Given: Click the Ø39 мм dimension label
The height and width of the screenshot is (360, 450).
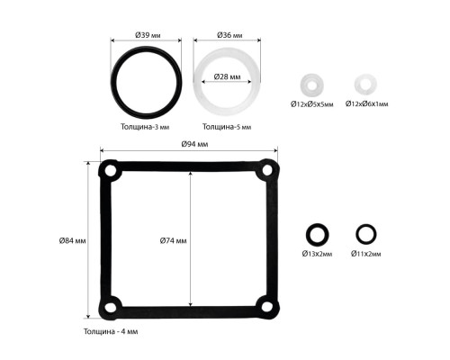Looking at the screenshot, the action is click(x=148, y=35).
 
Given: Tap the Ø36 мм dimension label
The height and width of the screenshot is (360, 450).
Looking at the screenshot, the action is click(x=229, y=35).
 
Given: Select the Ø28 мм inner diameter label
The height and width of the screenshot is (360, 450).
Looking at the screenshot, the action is click(x=227, y=76).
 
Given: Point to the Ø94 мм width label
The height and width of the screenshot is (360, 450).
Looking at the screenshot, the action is click(x=194, y=144).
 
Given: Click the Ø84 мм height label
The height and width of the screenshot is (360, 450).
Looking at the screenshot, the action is click(x=72, y=240).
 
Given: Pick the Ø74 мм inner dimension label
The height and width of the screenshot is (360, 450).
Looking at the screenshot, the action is click(x=173, y=240).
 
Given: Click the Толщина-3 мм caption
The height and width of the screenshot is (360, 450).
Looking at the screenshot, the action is click(x=145, y=127).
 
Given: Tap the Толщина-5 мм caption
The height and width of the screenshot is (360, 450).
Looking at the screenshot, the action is click(x=227, y=127).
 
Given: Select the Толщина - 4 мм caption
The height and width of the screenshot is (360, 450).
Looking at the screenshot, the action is click(x=111, y=331).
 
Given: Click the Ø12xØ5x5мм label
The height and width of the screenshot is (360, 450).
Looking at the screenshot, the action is click(x=312, y=104).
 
